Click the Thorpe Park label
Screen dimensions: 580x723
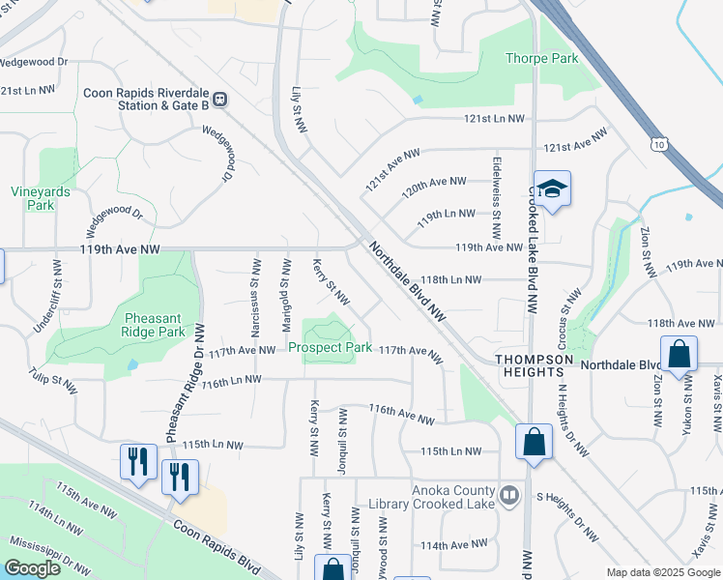(x=541, y=58)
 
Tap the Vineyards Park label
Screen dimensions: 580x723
(x=41, y=198)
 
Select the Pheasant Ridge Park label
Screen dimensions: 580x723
(x=155, y=325)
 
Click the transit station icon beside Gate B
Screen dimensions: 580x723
(x=220, y=98)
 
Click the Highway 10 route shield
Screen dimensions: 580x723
(x=657, y=144)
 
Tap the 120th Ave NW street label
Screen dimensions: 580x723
(x=434, y=182)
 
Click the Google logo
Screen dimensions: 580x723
(x=32, y=568)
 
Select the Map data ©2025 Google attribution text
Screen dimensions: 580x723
(x=662, y=572)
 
